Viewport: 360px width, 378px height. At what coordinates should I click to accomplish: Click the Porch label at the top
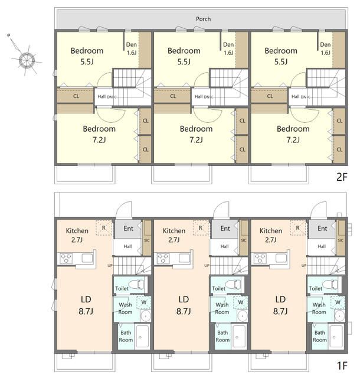(203, 19)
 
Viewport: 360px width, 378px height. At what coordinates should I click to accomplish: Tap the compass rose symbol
(27, 60)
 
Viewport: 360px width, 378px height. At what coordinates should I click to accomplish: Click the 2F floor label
(342, 177)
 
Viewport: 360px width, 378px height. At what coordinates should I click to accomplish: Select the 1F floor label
(342, 366)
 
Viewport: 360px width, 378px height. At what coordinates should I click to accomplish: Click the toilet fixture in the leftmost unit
(136, 284)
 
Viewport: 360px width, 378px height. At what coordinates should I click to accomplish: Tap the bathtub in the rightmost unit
(336, 337)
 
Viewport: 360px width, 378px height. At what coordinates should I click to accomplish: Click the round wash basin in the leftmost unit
(145, 315)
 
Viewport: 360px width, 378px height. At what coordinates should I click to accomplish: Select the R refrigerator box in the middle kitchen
(201, 227)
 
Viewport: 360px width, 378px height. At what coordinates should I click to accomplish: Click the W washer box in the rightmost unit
(338, 302)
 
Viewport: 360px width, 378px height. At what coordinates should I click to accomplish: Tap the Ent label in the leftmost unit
(128, 229)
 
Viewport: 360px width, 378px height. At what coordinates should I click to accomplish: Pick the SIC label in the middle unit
(243, 240)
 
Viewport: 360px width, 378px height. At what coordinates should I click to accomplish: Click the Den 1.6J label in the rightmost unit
(325, 48)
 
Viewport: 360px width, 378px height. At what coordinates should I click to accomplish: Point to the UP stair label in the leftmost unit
(110, 265)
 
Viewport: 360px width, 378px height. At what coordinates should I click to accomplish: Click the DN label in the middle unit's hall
(207, 97)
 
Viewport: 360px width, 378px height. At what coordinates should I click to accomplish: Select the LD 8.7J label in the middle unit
(184, 305)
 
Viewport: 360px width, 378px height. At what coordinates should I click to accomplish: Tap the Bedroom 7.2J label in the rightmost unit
(293, 134)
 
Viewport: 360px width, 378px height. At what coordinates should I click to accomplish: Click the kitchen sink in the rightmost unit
(281, 258)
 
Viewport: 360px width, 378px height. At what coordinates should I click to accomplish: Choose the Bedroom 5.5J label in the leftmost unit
(87, 56)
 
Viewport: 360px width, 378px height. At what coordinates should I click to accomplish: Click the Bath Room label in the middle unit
(222, 336)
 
